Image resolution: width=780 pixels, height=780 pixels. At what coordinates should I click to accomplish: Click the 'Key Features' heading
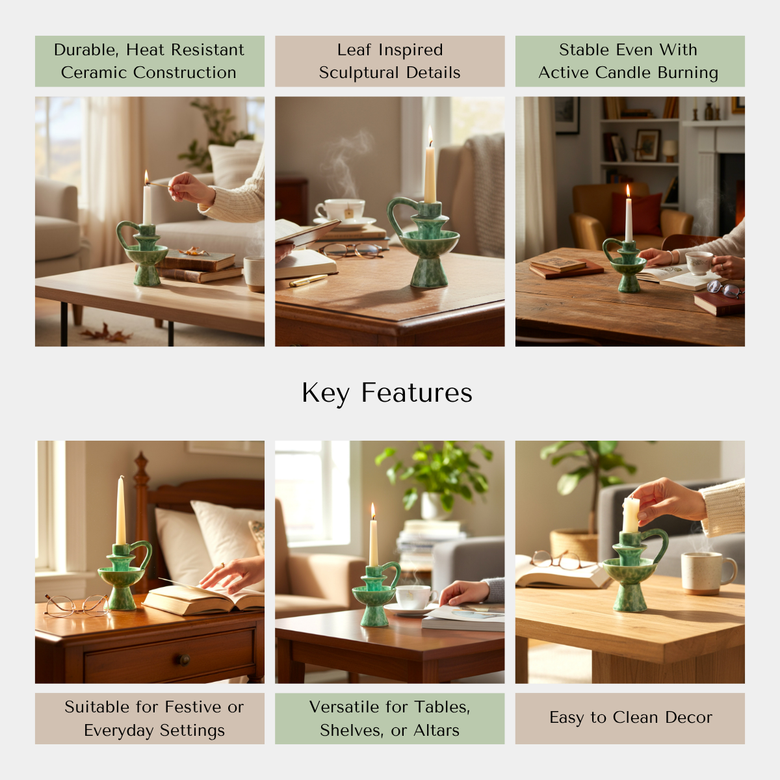point(387,393)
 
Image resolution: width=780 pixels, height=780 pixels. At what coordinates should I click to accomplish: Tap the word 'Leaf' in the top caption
point(354,50)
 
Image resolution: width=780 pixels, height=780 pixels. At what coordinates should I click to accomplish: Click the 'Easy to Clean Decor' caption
point(630,717)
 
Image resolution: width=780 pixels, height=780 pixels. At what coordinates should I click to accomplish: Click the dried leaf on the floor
point(106,333)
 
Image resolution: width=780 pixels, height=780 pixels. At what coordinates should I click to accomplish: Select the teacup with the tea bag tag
point(340,211)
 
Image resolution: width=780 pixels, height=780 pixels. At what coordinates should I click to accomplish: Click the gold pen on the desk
point(308,280)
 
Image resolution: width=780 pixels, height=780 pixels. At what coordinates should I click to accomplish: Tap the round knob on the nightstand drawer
point(184,660)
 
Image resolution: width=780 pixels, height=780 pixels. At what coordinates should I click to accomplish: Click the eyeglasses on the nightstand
point(77,606)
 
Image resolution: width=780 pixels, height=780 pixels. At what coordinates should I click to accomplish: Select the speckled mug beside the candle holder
point(707,573)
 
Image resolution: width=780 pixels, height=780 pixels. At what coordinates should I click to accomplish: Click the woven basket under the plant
point(574,545)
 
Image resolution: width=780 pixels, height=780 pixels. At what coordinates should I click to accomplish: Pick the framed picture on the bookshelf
point(647,146)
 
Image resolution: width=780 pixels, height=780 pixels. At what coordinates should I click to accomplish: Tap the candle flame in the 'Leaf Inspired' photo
point(430,135)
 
